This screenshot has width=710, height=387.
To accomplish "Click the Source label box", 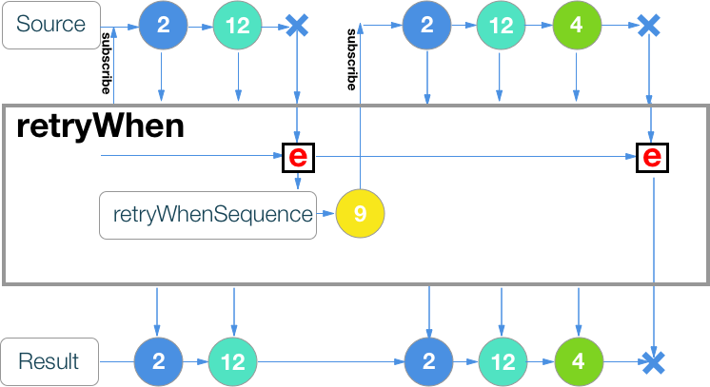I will [50, 26].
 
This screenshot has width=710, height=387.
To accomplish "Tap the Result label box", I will [50, 361].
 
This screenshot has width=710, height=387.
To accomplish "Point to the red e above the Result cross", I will [652, 156].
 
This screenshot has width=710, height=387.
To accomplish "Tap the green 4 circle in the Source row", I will [577, 26].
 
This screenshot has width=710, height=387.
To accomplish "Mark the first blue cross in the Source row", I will [297, 26].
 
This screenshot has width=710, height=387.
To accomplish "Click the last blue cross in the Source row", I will [649, 26].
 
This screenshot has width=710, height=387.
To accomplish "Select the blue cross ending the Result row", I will [652, 362].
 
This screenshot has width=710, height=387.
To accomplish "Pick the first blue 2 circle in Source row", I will [163, 26].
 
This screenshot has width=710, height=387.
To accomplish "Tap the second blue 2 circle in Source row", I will [426, 26].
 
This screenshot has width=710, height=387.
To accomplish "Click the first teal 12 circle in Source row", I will [238, 26].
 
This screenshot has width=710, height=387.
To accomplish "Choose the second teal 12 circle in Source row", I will [501, 26].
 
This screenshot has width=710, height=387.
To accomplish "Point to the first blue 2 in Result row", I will [158, 362].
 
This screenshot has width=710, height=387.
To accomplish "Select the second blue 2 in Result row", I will [429, 362].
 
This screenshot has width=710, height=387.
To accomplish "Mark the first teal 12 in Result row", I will [233, 362].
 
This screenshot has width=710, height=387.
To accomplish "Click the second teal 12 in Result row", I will [503, 362].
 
